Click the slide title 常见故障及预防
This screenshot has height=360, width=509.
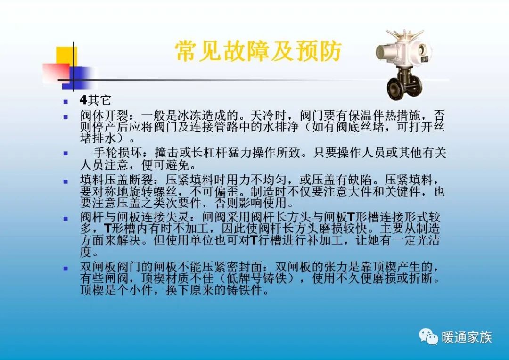click(258, 51)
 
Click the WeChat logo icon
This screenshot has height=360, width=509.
click(428, 336)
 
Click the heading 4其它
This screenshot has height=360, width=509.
click(95, 100)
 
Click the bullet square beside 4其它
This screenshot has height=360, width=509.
click(66, 101)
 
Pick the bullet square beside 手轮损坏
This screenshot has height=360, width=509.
click(66, 154)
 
